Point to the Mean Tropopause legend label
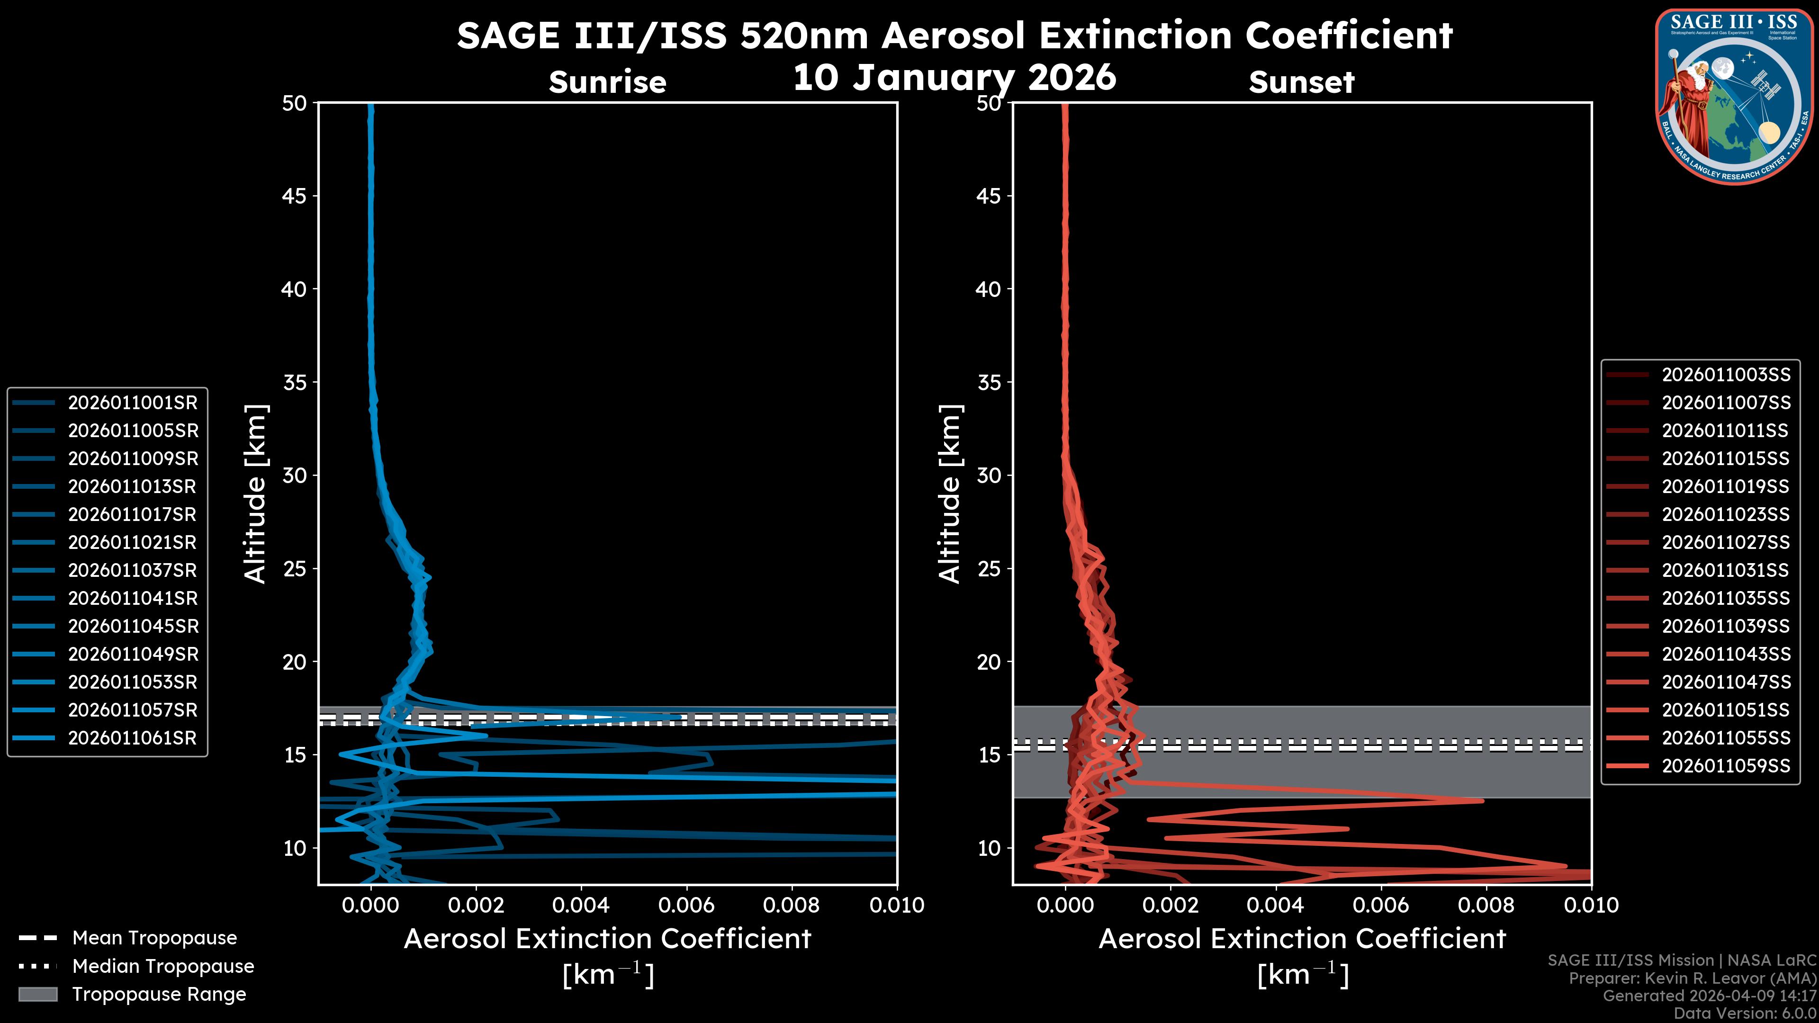(154, 938)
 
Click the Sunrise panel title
(607, 82)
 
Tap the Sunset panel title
(1301, 82)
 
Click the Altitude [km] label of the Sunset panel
(950, 494)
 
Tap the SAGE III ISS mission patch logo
(1734, 97)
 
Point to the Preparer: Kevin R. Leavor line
(1693, 978)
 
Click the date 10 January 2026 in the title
(955, 78)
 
